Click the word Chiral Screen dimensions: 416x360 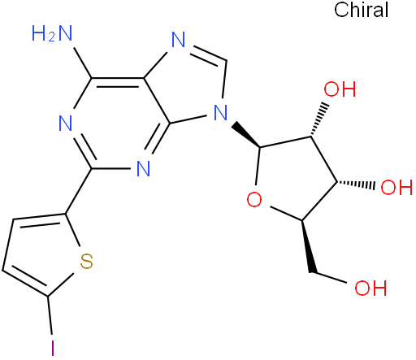361,10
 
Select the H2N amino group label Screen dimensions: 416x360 52,33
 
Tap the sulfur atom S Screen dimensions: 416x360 87,261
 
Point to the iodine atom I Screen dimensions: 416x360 53,348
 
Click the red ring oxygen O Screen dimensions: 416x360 254,200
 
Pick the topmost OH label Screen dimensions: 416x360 340,89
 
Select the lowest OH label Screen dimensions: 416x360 370,288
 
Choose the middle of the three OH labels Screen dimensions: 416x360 396,187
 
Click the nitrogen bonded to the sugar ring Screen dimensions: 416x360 221,112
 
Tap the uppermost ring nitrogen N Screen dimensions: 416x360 179,40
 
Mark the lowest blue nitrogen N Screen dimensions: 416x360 143,169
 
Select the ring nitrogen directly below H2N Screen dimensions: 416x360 66,124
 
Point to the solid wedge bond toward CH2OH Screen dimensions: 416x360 308,246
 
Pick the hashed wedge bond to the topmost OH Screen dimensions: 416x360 318,119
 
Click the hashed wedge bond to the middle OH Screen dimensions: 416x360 356,184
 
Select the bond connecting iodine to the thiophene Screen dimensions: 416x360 50,315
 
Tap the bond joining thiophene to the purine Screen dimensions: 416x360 79,191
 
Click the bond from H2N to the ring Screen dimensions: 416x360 83,63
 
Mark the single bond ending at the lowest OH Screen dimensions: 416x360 328,278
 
